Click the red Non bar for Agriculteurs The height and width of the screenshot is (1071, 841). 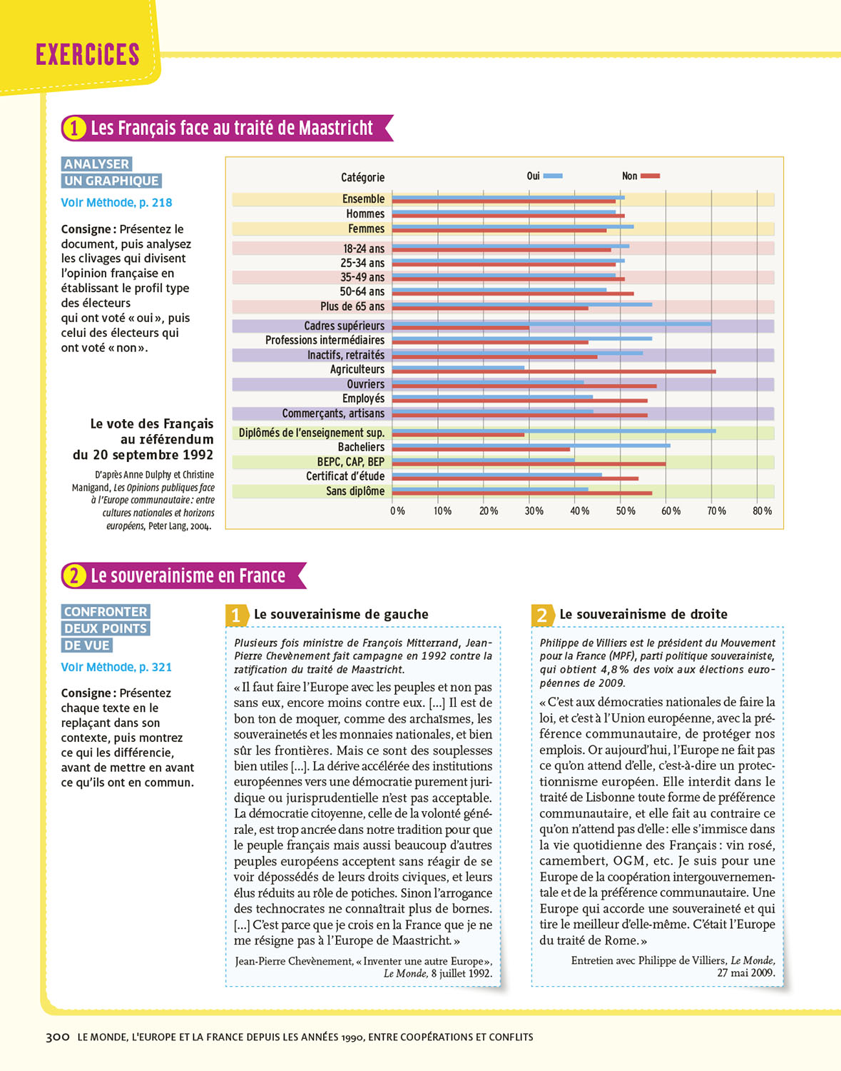pos(554,371)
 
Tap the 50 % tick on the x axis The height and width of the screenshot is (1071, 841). pos(626,511)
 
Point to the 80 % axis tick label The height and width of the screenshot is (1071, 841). pos(762,511)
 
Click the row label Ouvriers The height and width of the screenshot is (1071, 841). pos(365,384)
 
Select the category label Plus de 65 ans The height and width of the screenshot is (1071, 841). pos(352,306)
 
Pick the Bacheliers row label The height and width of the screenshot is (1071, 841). pos(361,447)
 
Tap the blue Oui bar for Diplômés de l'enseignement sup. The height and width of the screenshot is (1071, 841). pos(554,431)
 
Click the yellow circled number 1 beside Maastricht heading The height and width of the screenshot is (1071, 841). pos(74,128)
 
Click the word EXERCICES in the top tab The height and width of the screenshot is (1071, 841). pos(87,55)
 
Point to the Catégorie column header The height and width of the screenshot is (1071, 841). pos(362,177)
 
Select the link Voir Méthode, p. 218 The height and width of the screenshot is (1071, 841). pos(116,203)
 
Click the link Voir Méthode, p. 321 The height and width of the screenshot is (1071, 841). pos(116,668)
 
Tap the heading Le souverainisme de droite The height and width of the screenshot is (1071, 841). pos(643,614)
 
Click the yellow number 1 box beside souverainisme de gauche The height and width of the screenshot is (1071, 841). pos(236,615)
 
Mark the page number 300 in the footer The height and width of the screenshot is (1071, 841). pos(57,1037)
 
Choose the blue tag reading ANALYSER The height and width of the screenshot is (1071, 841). pos(96,164)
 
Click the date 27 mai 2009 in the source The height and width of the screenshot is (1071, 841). pos(745,972)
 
